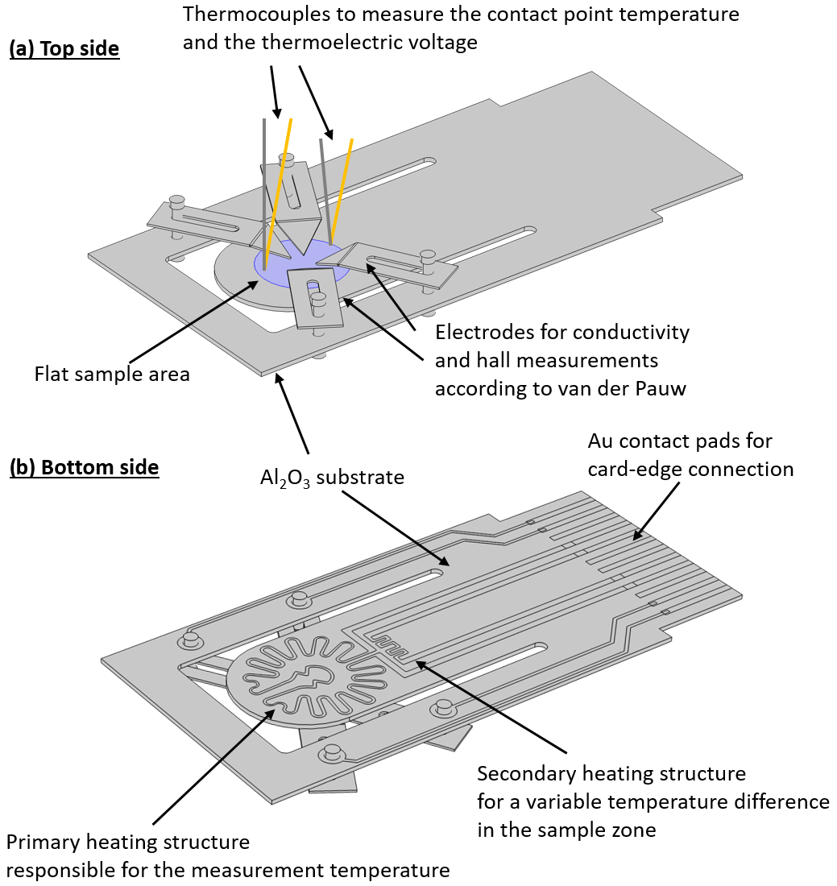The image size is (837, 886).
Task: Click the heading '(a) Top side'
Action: (x=64, y=49)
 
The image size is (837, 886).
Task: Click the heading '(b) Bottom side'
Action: (x=84, y=467)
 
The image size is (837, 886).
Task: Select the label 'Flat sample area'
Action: (x=112, y=374)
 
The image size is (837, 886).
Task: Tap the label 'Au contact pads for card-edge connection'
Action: (x=690, y=455)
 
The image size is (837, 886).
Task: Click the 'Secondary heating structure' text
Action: (x=611, y=774)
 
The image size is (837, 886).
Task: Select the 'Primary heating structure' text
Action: (x=128, y=843)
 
